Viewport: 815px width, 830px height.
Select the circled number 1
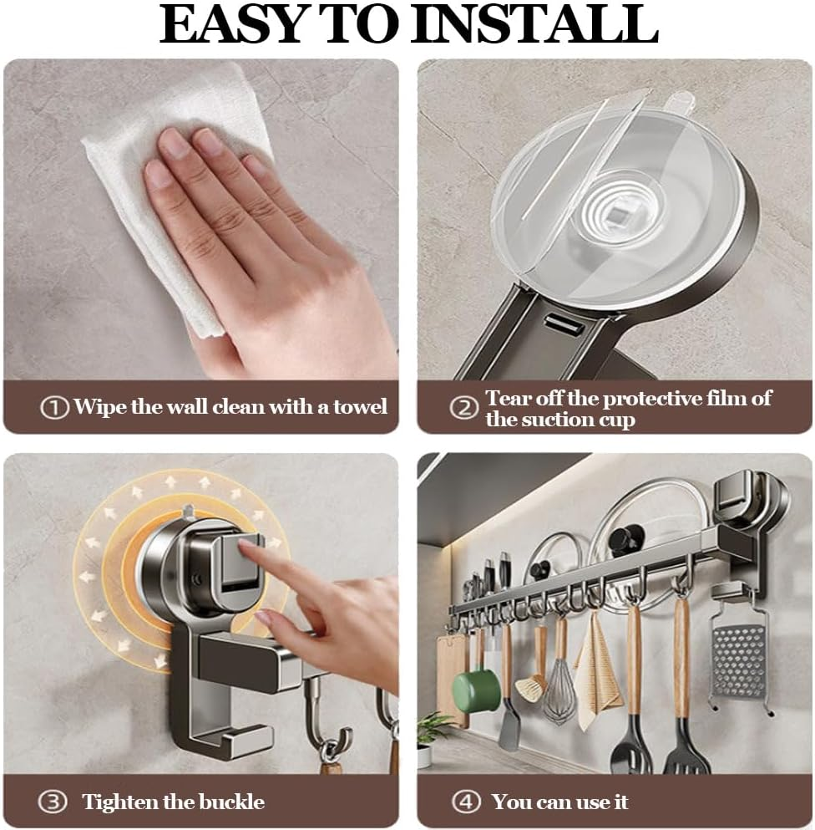pyautogui.click(x=54, y=408)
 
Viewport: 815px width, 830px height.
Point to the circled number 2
pyautogui.click(x=463, y=408)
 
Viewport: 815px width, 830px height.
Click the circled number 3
pyautogui.click(x=53, y=802)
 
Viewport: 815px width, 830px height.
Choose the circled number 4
pyautogui.click(x=466, y=802)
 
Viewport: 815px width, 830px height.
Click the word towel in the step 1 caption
pyautogui.click(x=360, y=407)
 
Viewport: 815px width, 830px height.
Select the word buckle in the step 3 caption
pyautogui.click(x=232, y=802)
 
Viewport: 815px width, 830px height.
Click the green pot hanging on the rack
pyautogui.click(x=476, y=690)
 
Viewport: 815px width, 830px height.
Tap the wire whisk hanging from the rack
pyautogui.click(x=559, y=688)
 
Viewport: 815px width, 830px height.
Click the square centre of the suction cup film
pyautogui.click(x=615, y=216)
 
